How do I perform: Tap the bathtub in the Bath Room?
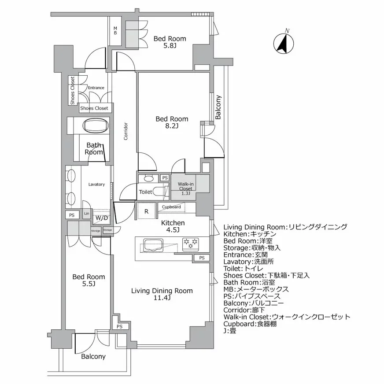[96, 126]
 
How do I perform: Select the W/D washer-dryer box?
[101, 218]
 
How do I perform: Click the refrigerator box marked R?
[146, 211]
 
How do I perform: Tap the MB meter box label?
[115, 30]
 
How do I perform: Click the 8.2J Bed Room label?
[172, 122]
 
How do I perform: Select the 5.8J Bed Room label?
[170, 42]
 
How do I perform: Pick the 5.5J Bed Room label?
[89, 280]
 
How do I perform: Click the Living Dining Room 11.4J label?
[162, 294]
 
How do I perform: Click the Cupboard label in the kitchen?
[171, 207]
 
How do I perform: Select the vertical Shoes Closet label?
[72, 91]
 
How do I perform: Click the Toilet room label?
[145, 192]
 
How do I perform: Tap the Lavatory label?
[96, 184]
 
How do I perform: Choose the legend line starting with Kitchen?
[250, 234]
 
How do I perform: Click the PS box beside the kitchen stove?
[201, 258]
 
